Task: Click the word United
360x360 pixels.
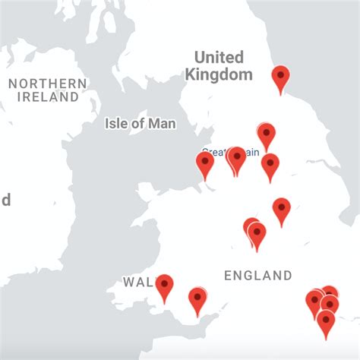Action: coord(219,58)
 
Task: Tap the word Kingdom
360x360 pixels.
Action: coord(219,74)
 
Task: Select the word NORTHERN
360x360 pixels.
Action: coord(48,83)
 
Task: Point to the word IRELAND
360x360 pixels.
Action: coord(48,97)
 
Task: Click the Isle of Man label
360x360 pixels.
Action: coord(140,123)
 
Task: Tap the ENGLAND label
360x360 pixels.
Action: coord(257,276)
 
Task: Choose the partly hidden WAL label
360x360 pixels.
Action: coord(137,283)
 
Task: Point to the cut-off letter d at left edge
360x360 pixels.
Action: coord(5,200)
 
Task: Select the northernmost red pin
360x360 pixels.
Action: coord(281,77)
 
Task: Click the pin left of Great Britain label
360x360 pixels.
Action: coord(205,163)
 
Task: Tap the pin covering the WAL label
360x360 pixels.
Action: coord(164,286)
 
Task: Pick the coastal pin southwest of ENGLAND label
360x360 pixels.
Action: coord(197,298)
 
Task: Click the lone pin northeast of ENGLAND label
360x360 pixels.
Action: coord(282,209)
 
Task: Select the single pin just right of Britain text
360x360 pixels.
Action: coord(270,164)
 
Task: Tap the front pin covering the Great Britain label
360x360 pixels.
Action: coord(237,158)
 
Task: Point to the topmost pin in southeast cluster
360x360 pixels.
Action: coord(329,292)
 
